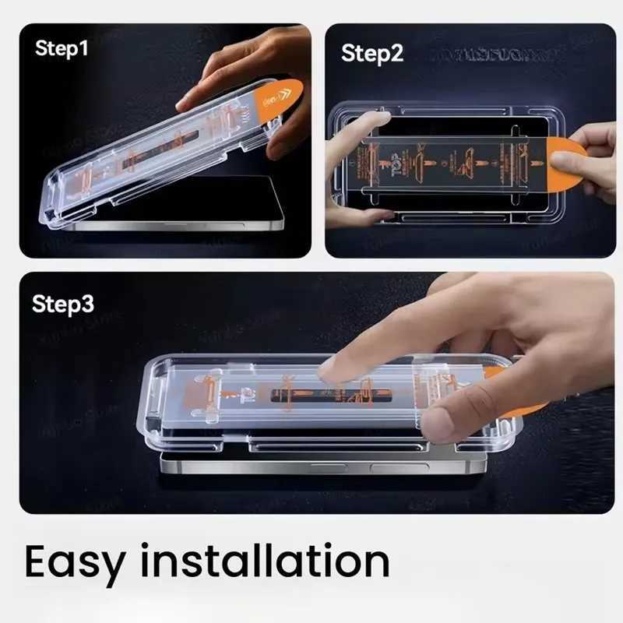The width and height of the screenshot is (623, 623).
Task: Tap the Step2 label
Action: click(x=372, y=54)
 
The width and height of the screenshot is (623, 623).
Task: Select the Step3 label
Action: click(x=63, y=304)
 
